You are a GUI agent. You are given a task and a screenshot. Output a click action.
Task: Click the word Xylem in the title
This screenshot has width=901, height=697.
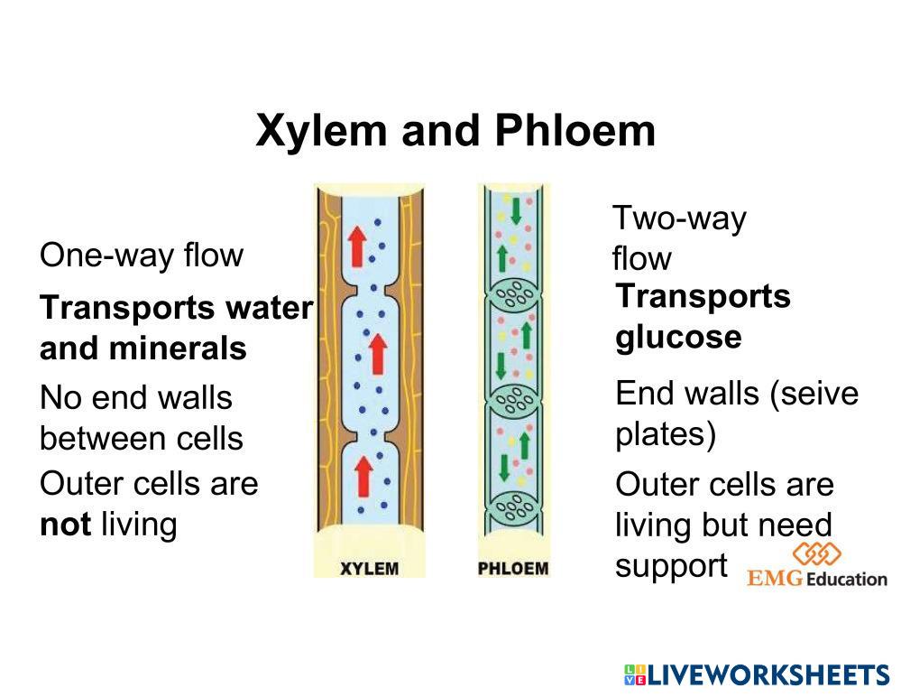tap(322, 131)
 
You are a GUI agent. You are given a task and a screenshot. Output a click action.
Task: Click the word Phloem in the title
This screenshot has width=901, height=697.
tap(575, 131)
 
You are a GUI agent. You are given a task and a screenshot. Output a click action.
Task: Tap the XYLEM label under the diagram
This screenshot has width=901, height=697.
tap(369, 569)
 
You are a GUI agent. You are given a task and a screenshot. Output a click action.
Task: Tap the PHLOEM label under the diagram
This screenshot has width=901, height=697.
tap(512, 569)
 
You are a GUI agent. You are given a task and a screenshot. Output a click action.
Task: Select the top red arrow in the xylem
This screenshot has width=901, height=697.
tap(358, 245)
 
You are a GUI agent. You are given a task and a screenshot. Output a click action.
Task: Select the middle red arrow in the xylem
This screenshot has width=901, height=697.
tap(377, 353)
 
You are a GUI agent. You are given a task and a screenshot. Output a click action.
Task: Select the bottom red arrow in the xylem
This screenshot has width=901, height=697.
tap(363, 475)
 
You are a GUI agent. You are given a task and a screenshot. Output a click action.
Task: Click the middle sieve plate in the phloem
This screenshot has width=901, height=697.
tap(514, 399)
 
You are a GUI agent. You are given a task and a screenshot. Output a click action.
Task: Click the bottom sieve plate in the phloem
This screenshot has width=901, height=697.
tap(514, 508)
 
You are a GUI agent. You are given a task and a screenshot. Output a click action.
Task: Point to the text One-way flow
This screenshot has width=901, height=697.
tap(142, 256)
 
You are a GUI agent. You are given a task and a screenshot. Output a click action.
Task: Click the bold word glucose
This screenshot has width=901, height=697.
tap(679, 337)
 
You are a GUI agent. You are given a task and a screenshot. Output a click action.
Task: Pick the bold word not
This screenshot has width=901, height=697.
tap(65, 524)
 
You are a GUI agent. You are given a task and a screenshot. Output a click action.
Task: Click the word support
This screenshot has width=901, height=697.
tap(671, 566)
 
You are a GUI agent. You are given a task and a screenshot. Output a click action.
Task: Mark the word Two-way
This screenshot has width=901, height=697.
tap(679, 218)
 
